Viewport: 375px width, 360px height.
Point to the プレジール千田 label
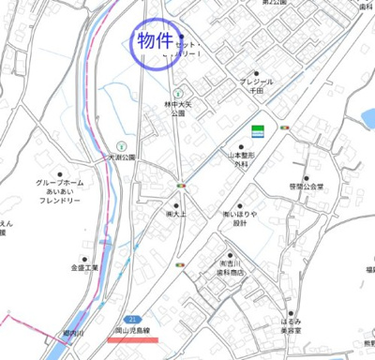pyautogui.click(x=256, y=86)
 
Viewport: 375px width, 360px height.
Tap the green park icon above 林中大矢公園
pyautogui.click(x=176, y=92)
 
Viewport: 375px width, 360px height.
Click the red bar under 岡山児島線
pyautogui.click(x=138, y=338)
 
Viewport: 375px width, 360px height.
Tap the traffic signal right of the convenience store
pyautogui.click(x=285, y=127)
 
